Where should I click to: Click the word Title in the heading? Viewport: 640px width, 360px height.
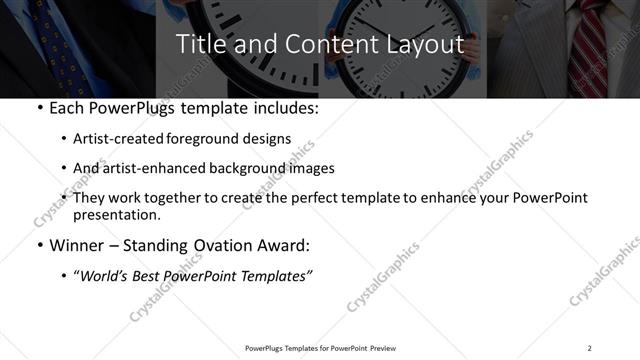198,45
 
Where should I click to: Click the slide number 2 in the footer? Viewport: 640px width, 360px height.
589,348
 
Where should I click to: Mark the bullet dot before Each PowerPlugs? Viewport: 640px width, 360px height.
38,108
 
